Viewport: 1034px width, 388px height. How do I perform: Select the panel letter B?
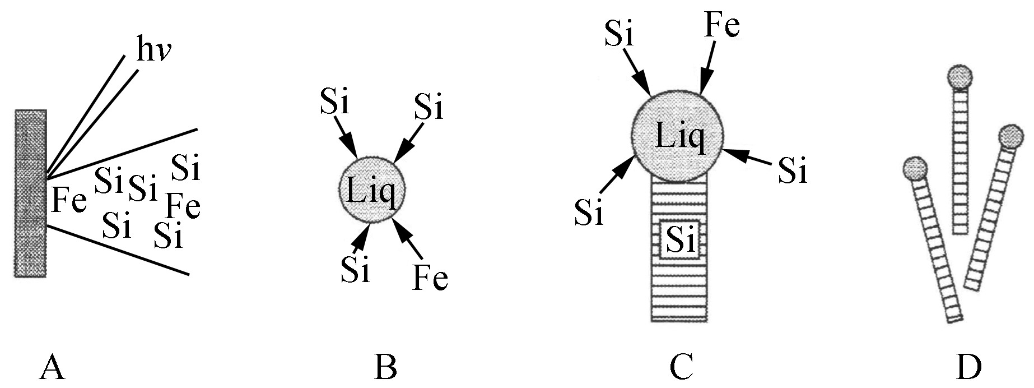click(386, 369)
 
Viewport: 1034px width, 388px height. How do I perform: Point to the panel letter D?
click(968, 369)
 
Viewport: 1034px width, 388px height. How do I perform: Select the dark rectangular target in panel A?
click(30, 193)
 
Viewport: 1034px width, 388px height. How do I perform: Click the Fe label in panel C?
click(721, 25)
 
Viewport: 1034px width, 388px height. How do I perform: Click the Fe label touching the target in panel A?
click(69, 200)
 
